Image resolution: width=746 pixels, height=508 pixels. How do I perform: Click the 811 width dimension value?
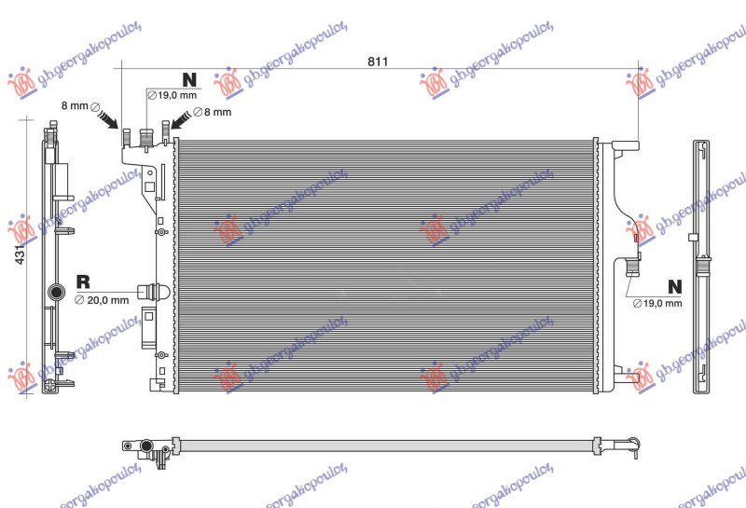[x=377, y=62]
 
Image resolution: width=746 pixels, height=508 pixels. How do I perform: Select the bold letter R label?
[x=82, y=281]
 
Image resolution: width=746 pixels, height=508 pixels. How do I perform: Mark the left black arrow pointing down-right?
[x=107, y=118]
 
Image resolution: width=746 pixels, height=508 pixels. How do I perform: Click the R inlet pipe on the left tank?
[x=152, y=291]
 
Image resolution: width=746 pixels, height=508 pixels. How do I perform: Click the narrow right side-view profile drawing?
[x=702, y=266]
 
